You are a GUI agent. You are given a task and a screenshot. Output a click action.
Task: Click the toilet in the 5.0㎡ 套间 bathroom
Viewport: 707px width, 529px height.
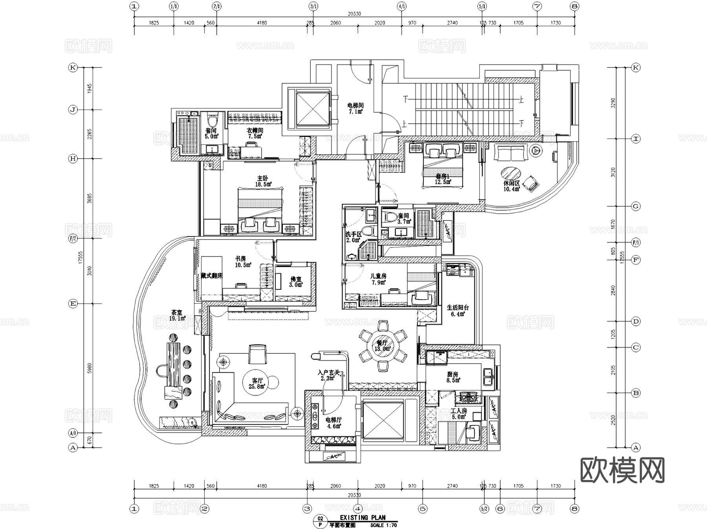212,120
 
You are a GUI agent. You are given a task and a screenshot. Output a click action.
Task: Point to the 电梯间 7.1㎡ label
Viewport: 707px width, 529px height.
355,108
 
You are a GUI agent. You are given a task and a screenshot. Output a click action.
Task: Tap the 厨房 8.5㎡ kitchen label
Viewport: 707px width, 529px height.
452,377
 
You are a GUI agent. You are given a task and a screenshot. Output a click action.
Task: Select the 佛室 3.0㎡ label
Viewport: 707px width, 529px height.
296,282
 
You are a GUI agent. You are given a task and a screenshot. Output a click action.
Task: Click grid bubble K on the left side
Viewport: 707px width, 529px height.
73,68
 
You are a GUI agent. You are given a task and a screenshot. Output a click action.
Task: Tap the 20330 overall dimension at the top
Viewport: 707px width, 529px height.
354,14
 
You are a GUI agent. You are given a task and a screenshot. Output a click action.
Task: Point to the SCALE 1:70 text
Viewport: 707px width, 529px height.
383,525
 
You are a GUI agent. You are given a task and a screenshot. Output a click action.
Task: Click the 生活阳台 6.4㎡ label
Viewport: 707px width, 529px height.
458,311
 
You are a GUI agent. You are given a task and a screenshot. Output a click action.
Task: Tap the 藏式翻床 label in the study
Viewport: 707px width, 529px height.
211,276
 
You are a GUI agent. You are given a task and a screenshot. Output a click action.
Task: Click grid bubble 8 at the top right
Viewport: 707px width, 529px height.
575,6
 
